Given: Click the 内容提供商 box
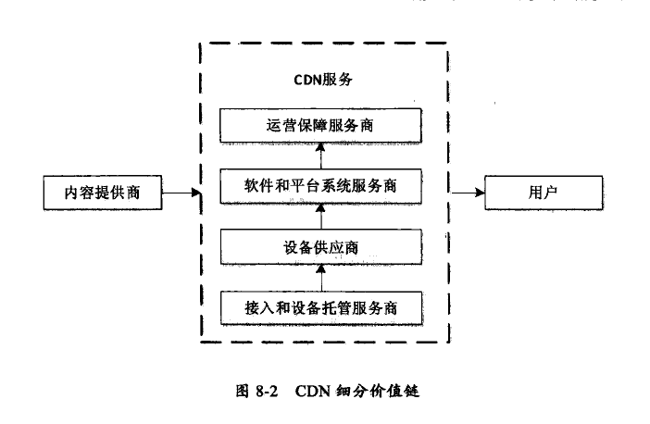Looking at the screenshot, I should [x=103, y=194].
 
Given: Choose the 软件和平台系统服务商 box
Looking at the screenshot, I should [x=319, y=186].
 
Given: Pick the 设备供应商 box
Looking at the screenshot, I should [x=319, y=246].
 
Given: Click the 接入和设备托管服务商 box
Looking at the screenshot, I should [x=319, y=306].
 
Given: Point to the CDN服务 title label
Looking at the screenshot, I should [x=319, y=80].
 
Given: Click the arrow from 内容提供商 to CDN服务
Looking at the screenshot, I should [x=181, y=193].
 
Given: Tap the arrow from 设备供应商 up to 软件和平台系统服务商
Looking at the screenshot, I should [x=319, y=217].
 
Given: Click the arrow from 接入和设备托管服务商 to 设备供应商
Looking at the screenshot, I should [x=319, y=276].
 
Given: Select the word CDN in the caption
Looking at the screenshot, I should [x=312, y=390].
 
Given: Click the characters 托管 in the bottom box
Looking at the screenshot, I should [x=349, y=306].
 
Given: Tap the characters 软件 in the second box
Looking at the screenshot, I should [x=256, y=186].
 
